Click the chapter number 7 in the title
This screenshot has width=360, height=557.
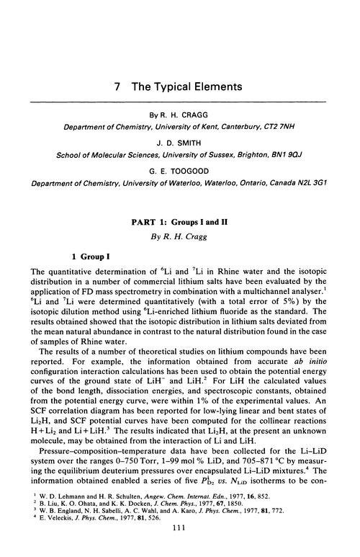click(x=117, y=86)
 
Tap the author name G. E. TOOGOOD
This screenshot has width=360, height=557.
click(x=180, y=171)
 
